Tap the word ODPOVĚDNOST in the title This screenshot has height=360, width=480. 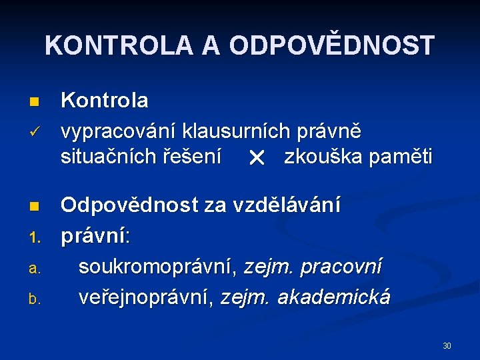pos(331,45)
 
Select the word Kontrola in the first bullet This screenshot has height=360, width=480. pos(105,101)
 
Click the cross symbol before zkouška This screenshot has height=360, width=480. pos(255,159)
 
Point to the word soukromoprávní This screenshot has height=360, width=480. pos(158,267)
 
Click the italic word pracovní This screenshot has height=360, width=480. pos(341,267)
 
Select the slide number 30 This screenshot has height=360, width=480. pos(447,345)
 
